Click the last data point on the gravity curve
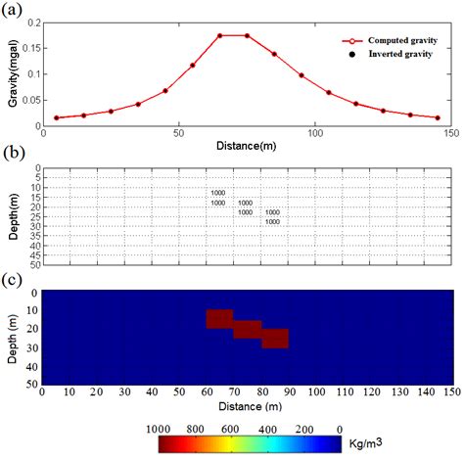coord(438,117)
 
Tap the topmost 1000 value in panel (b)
coord(217,193)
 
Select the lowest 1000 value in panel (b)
coord(272,221)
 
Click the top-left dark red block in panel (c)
coord(219,319)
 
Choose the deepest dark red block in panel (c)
coord(275,339)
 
